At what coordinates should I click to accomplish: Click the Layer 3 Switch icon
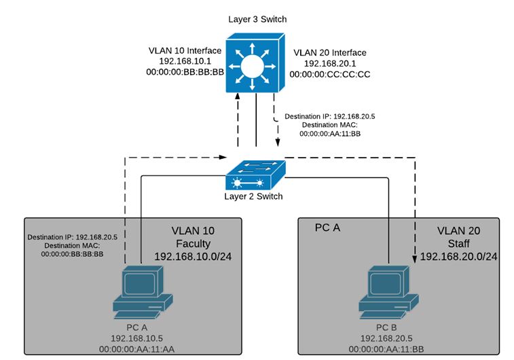click(x=255, y=67)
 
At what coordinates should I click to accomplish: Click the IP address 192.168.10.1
click(x=186, y=61)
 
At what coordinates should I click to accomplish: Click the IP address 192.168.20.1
click(x=330, y=63)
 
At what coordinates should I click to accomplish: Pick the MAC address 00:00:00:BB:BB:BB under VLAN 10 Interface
click(x=186, y=72)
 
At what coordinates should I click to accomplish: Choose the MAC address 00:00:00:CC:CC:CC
click(x=331, y=74)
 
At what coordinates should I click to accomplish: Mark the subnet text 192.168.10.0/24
click(x=192, y=256)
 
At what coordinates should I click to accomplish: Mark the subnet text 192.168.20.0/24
click(x=458, y=256)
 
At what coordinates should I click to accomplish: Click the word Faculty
click(x=192, y=243)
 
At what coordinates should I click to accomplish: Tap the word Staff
click(x=459, y=243)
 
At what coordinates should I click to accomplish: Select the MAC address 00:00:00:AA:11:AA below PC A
click(x=142, y=348)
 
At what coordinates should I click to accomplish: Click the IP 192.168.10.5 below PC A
click(x=142, y=338)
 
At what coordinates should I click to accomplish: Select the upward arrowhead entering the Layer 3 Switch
click(x=238, y=99)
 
